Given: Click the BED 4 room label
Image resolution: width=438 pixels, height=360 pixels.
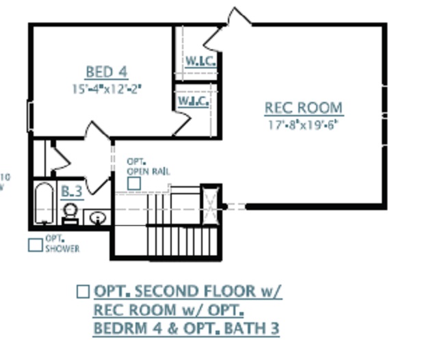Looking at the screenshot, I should pos(106,71).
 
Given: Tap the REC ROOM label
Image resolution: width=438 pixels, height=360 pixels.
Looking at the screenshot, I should pos(304,108).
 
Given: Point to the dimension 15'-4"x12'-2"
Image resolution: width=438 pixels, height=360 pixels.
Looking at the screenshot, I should pos(106,88).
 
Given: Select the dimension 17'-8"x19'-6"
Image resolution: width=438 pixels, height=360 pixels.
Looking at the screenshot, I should pos(304,125).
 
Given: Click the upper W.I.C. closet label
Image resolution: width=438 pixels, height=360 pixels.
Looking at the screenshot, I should pos(201,60).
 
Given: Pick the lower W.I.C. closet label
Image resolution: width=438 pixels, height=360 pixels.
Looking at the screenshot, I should pos(193,101).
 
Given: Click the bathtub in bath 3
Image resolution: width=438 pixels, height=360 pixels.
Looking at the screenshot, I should pos(42,203).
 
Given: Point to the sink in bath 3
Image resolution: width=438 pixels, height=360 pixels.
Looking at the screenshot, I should pos(97,218).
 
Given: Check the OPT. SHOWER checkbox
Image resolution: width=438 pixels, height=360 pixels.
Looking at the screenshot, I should pos(35,244).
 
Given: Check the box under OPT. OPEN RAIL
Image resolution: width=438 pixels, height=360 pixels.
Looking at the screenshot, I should pos(134,183).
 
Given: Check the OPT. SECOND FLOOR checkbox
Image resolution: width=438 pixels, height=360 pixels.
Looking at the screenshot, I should pos(83,291).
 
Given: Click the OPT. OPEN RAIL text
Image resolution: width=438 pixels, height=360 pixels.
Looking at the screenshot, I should pos(147,167).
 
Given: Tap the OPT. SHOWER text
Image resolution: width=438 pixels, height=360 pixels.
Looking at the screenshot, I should pos(62,244).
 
